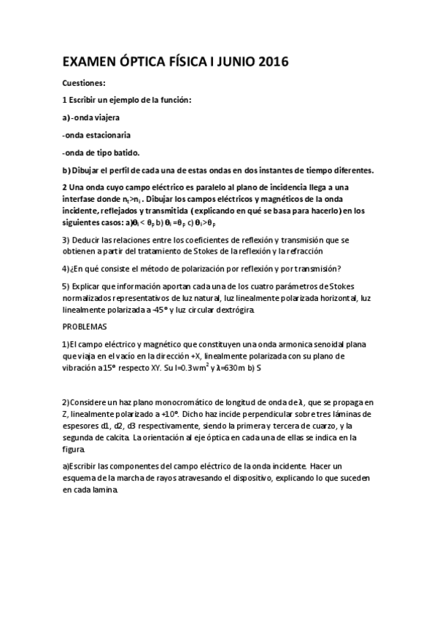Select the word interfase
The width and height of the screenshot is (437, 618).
click(81, 198)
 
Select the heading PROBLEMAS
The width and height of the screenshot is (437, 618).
click(84, 327)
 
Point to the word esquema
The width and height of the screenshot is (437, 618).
click(82, 478)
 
